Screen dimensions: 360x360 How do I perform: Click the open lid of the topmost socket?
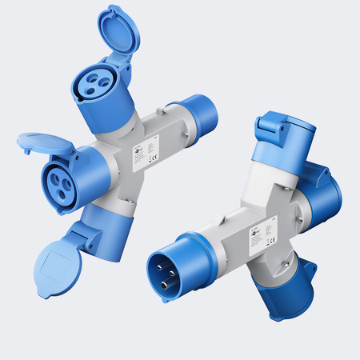118,30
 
